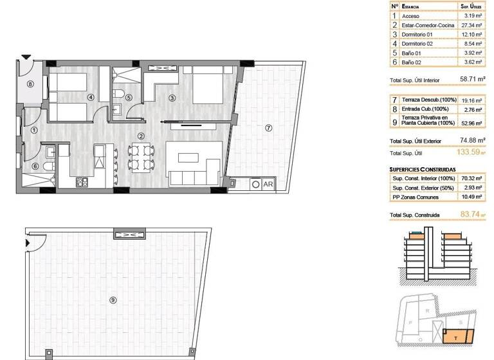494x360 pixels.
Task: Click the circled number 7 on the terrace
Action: tap(268, 127)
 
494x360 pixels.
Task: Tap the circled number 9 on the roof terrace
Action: tap(114, 299)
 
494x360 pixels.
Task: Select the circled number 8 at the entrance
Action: tap(30, 84)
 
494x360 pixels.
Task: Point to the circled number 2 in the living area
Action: tap(140, 136)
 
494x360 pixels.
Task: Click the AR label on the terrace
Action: tap(268, 184)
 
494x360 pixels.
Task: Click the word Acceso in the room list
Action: tap(410, 15)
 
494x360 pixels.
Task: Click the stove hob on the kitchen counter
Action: tap(82, 183)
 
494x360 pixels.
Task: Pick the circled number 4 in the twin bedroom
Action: tap(91, 98)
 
